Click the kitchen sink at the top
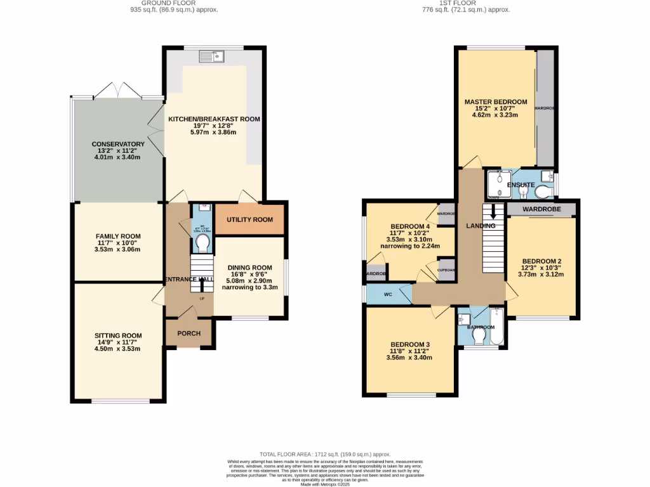tap(212, 57)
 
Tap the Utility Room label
tap(250, 219)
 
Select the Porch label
tap(189, 334)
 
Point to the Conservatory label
tap(118, 145)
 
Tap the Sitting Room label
tap(118, 335)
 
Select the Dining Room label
tap(249, 268)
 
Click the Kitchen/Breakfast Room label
tap(213, 119)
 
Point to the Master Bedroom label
tap(495, 102)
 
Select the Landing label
tap(481, 226)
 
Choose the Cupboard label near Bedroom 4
tap(446, 269)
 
